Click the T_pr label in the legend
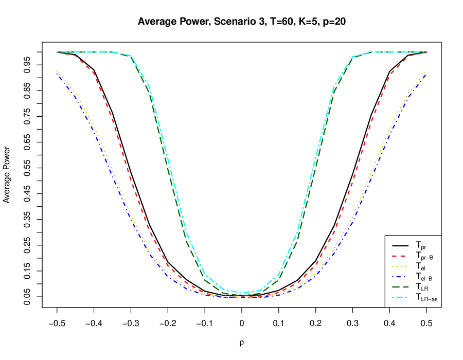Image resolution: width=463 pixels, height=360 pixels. click(x=421, y=246)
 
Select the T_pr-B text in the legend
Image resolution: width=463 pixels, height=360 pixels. click(x=424, y=256)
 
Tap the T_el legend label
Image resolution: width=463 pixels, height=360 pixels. click(x=420, y=266)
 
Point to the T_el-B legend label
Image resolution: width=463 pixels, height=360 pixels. click(x=424, y=277)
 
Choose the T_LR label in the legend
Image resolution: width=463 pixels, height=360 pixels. click(x=422, y=287)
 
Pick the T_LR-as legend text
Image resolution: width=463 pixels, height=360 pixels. click(x=426, y=297)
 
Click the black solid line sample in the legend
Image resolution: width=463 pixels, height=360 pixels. click(x=400, y=245)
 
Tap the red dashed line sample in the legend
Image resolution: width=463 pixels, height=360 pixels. click(x=400, y=256)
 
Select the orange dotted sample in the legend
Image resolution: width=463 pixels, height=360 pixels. click(x=400, y=266)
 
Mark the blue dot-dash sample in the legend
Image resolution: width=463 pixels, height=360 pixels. click(x=400, y=276)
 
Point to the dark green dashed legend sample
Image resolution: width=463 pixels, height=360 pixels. click(x=400, y=286)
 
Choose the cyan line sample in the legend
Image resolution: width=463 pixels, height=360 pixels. click(x=400, y=297)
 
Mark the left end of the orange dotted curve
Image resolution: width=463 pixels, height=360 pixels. click(x=57, y=71)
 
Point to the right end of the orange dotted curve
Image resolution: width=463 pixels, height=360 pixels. click(x=425, y=73)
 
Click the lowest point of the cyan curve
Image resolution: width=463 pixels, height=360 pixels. click(x=242, y=293)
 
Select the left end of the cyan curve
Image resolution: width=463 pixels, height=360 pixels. click(x=57, y=52)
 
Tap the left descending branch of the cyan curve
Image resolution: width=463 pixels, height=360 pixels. click(x=170, y=170)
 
